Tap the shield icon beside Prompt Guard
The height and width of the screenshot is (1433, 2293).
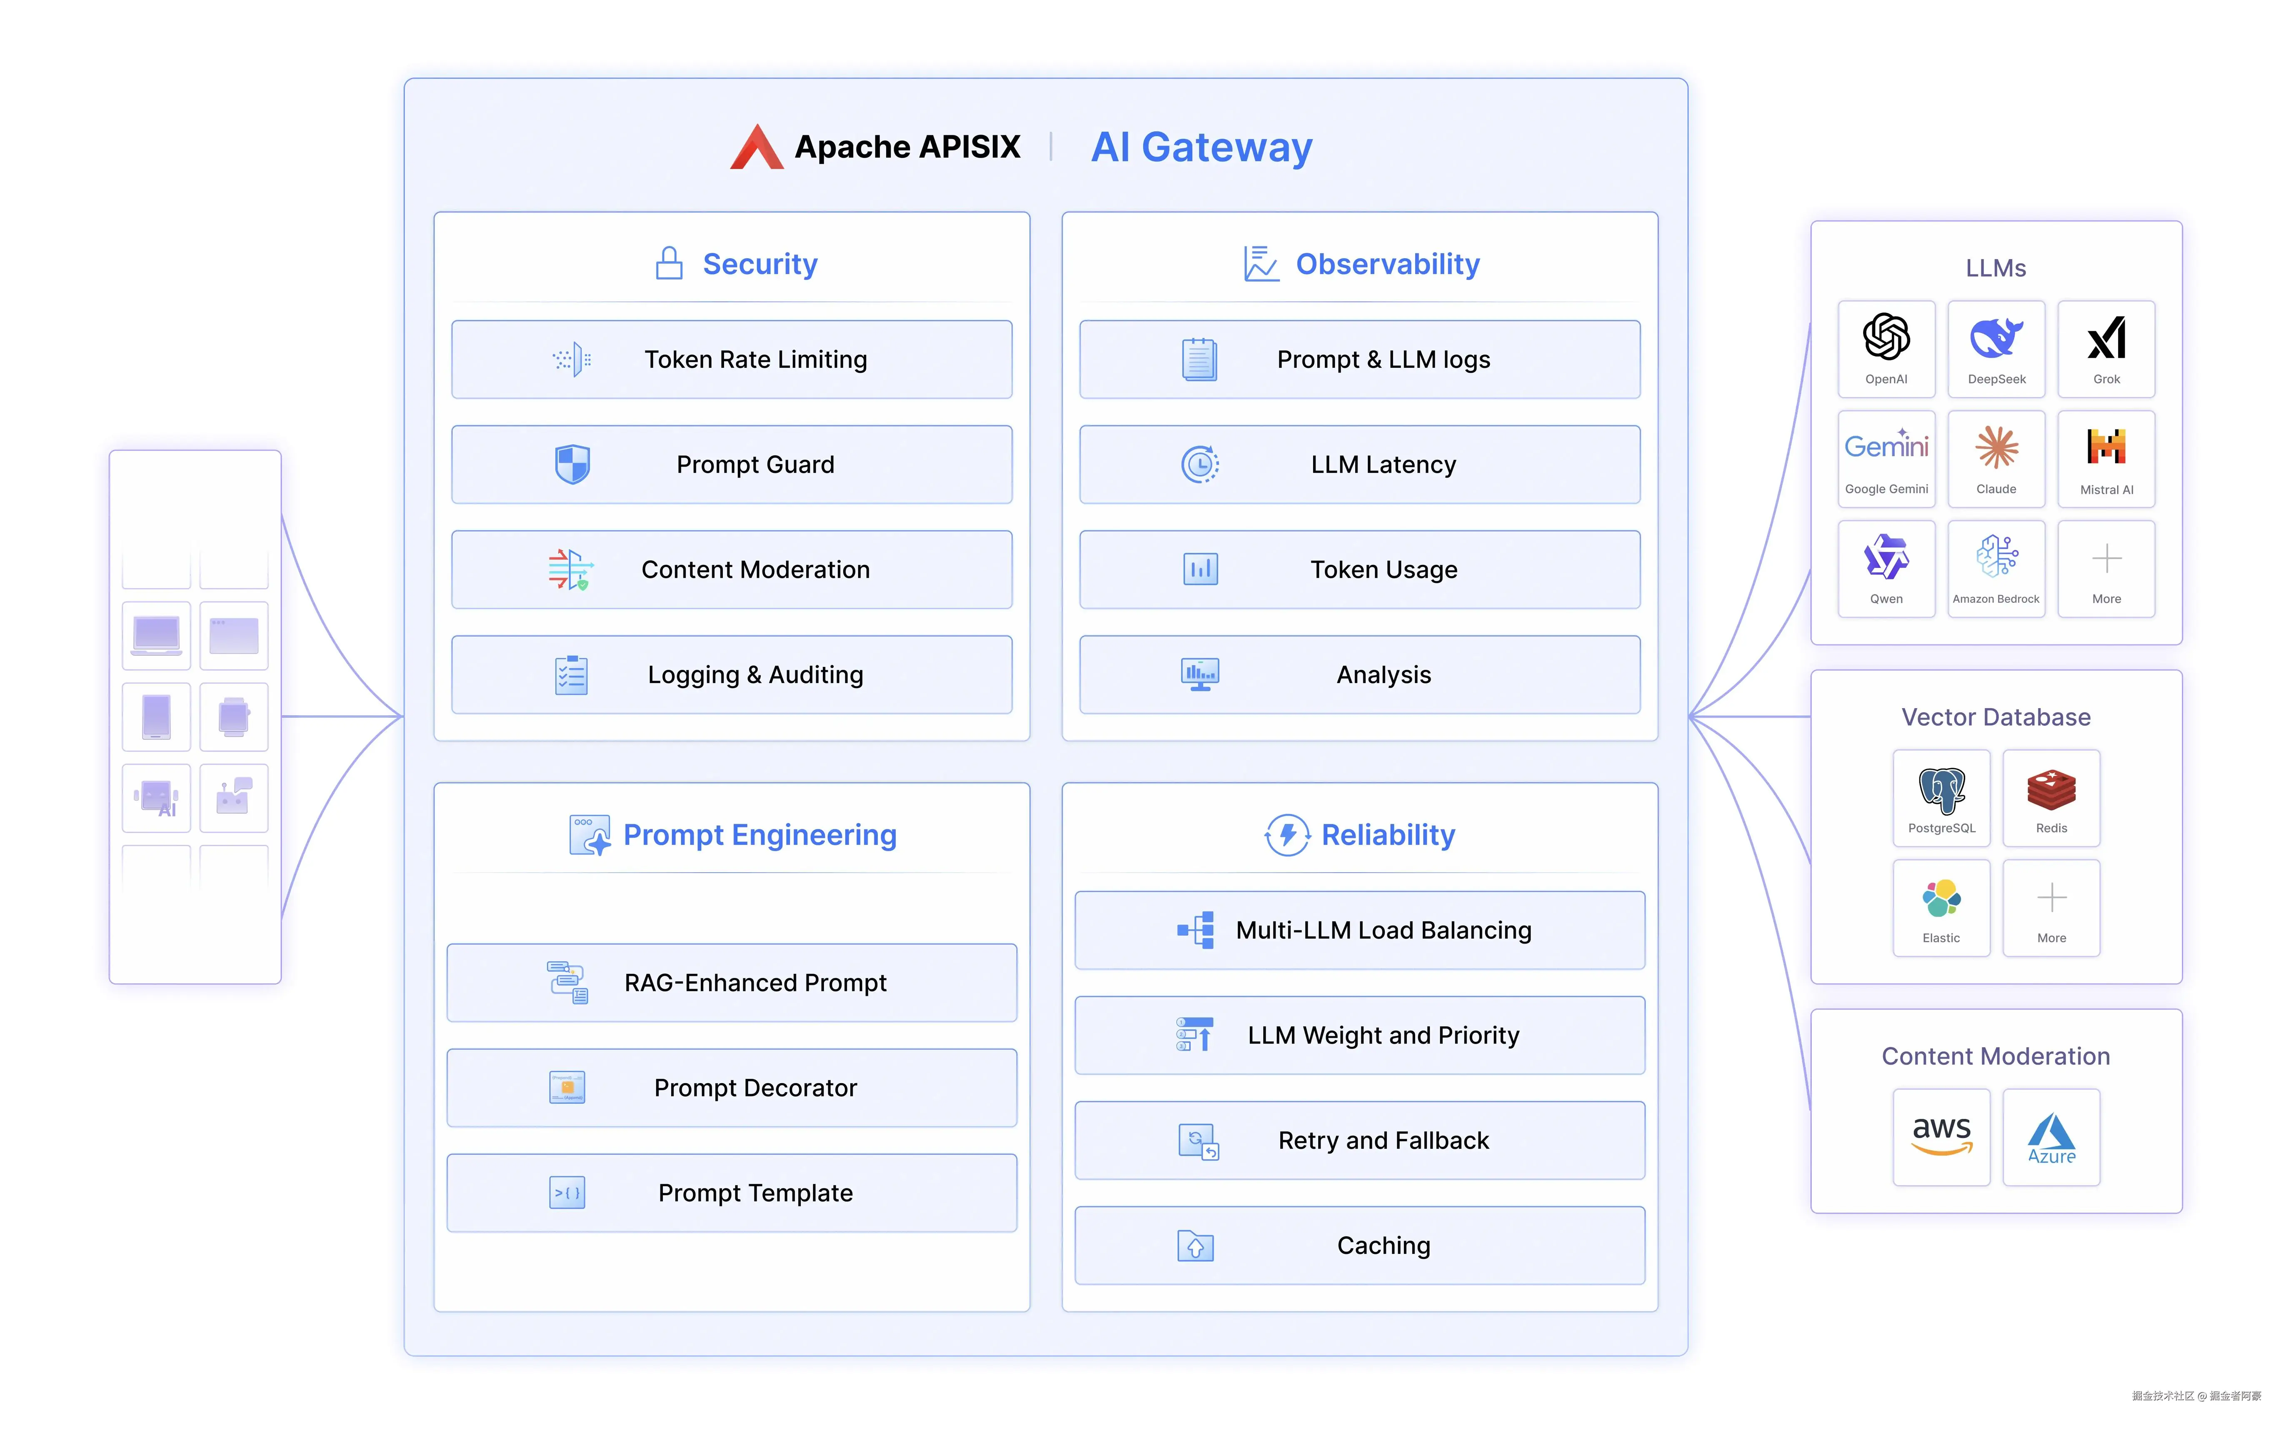572,464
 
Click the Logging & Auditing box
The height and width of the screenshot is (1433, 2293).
732,675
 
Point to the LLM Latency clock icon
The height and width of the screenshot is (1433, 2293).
1199,464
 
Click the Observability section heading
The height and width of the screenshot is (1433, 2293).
1387,265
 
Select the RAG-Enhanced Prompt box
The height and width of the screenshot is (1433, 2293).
732,983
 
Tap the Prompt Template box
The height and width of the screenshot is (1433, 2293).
732,1193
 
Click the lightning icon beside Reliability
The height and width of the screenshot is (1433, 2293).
1287,835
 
